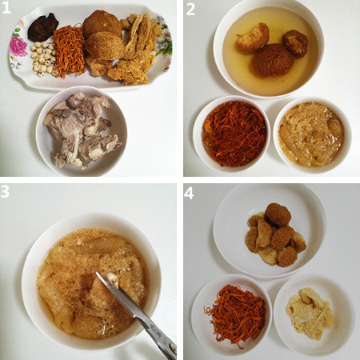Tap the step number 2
[x=190, y=10]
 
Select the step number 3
[x=5, y=191]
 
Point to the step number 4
[x=189, y=194]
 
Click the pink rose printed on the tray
[x=18, y=46]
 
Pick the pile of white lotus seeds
[x=42, y=58]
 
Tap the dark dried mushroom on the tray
[x=43, y=27]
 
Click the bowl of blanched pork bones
[x=82, y=131]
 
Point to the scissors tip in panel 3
[x=97, y=273]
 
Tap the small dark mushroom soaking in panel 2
[x=295, y=43]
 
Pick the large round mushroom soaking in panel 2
[x=270, y=60]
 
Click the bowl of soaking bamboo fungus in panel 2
[x=312, y=135]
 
